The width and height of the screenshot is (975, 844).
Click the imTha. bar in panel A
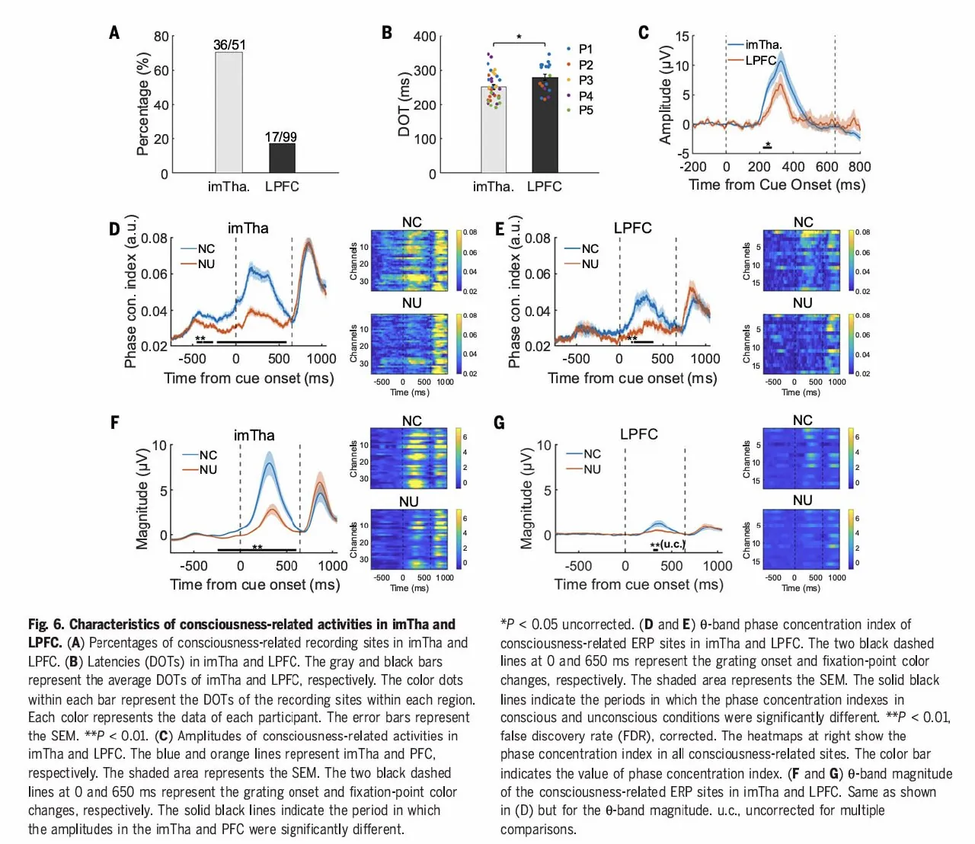pyautogui.click(x=229, y=113)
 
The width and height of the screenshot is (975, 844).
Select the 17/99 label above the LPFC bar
pyautogui.click(x=281, y=137)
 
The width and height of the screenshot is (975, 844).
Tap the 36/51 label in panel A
pyautogui.click(x=229, y=45)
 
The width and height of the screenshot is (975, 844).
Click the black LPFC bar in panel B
pyautogui.click(x=545, y=125)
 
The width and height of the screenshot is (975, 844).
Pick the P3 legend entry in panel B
pyautogui.click(x=585, y=80)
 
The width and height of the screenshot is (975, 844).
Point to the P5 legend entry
pyautogui.click(x=585, y=110)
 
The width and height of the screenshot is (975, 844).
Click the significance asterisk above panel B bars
pyautogui.click(x=519, y=37)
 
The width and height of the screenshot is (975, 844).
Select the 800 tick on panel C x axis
pyautogui.click(x=859, y=167)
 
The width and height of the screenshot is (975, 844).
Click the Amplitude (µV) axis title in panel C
pyautogui.click(x=666, y=94)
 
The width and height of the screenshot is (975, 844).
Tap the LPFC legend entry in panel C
pyautogui.click(x=760, y=60)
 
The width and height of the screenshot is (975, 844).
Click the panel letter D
pyautogui.click(x=114, y=229)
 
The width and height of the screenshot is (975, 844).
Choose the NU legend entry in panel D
pyautogui.click(x=206, y=264)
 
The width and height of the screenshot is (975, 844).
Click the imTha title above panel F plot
pyautogui.click(x=254, y=435)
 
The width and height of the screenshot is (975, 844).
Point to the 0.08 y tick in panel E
pyautogui.click(x=538, y=238)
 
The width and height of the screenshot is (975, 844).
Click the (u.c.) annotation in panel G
pyautogui.click(x=673, y=544)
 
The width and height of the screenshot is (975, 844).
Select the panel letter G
pyautogui.click(x=500, y=423)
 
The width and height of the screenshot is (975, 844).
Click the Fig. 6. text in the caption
pyautogui.click(x=46, y=625)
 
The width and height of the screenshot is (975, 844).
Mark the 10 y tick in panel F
pyautogui.click(x=159, y=446)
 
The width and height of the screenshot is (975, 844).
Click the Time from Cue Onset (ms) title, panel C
pyautogui.click(x=777, y=185)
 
